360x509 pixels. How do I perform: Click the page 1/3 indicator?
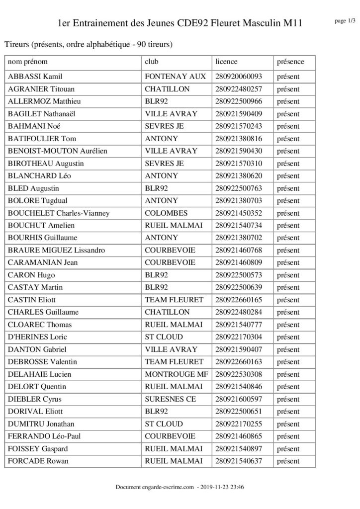345,21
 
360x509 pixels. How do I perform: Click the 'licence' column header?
227,62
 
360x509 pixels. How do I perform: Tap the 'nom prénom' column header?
28,62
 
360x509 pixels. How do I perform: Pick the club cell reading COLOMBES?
166,213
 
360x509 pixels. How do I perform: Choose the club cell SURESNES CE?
170,399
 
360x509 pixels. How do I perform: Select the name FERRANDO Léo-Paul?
41,436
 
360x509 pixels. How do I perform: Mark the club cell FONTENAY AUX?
175,77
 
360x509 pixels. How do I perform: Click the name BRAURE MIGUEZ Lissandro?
50,250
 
